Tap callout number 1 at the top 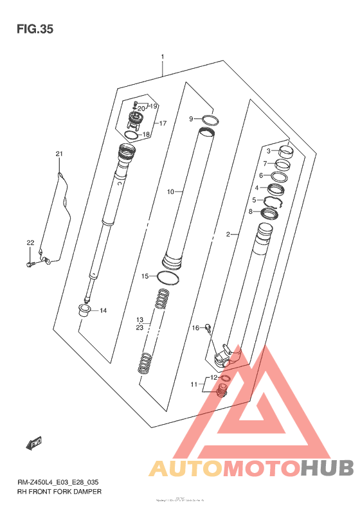point(163,57)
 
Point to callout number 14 point(103,310)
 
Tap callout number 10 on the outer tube point(170,192)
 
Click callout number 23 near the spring point(139,328)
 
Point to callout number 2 point(228,235)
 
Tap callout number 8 point(251,211)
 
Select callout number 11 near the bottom point(194,384)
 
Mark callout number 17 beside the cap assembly point(163,123)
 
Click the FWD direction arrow point(34,443)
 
